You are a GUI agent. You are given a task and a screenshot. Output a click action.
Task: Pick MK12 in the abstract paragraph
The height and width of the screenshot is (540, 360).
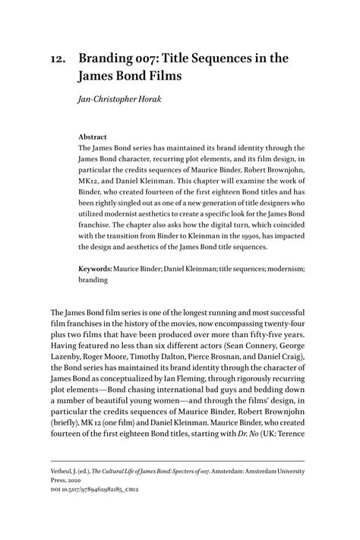coord(92,172)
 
